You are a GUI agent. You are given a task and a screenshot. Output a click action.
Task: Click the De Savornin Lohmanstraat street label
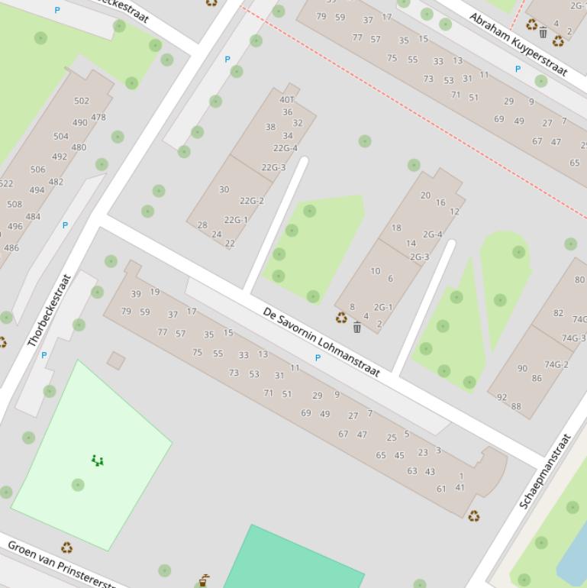(321, 342)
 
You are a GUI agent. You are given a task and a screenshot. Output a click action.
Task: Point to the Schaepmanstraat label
(545, 471)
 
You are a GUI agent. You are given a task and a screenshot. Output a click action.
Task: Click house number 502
(82, 101)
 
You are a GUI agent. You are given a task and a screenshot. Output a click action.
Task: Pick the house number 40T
(287, 99)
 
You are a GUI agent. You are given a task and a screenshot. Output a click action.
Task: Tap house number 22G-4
(285, 148)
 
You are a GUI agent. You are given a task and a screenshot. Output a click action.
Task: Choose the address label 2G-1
(383, 308)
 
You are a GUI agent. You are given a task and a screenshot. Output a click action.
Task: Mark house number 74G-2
(556, 365)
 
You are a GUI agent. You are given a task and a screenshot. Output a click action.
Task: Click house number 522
(5, 183)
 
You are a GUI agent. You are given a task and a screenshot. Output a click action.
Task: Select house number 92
(502, 397)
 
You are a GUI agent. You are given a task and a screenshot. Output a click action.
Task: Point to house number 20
(425, 195)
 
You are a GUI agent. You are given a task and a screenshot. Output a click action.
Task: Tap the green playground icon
(97, 460)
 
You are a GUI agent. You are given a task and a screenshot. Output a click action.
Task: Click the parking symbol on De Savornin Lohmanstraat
(318, 357)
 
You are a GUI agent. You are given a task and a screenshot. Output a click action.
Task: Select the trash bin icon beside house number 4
(356, 328)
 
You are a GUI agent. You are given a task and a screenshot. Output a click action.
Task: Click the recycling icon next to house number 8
(341, 318)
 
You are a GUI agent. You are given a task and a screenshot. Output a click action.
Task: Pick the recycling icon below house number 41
(473, 516)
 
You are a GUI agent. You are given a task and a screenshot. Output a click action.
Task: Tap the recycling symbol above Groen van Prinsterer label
(66, 547)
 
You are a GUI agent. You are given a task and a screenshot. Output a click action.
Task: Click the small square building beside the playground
(116, 360)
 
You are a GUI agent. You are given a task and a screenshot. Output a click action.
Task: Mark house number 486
(11, 248)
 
